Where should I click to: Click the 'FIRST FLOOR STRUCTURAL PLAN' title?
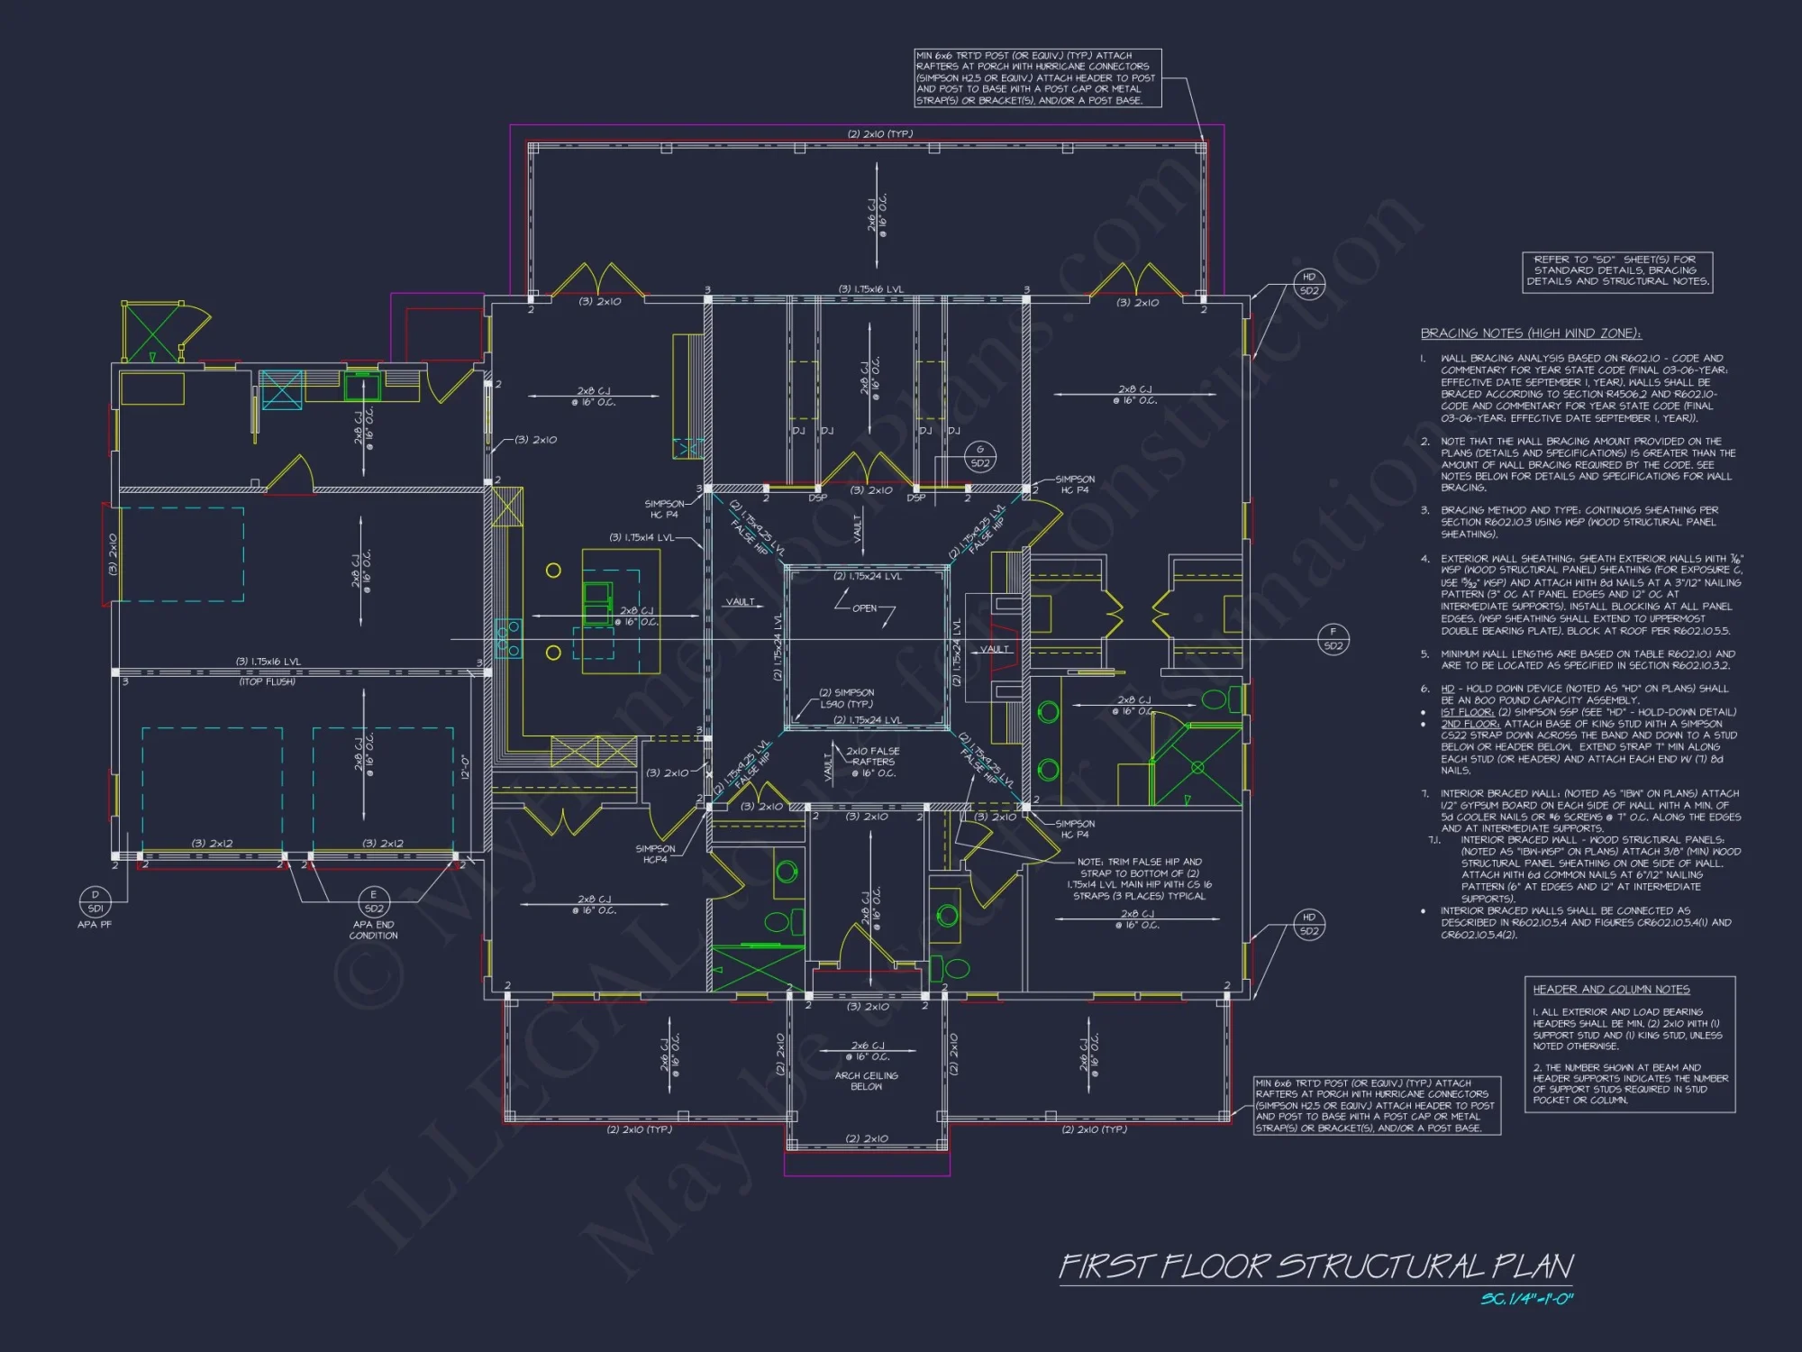click(x=1315, y=1265)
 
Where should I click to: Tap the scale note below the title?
click(x=1526, y=1299)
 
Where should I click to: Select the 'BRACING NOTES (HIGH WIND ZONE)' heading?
click(x=1531, y=333)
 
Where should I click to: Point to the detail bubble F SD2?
click(x=1333, y=639)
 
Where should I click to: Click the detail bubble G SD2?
click(x=980, y=456)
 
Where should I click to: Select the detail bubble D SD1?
click(x=95, y=901)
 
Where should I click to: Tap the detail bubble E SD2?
click(x=373, y=901)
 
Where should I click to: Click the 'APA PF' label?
click(x=95, y=925)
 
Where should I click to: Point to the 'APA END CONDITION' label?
click(x=373, y=930)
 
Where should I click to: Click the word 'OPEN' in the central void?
click(x=864, y=608)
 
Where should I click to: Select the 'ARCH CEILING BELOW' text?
click(x=866, y=1081)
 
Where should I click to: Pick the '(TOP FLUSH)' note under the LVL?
click(x=267, y=682)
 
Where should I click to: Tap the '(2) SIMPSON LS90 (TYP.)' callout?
click(x=846, y=699)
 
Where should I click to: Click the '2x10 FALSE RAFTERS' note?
click(x=872, y=762)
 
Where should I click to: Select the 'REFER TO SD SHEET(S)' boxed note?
click(x=1617, y=270)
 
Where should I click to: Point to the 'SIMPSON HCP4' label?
click(x=655, y=854)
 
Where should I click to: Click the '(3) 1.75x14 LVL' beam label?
click(x=642, y=537)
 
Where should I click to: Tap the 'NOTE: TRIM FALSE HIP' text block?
click(x=1140, y=879)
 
